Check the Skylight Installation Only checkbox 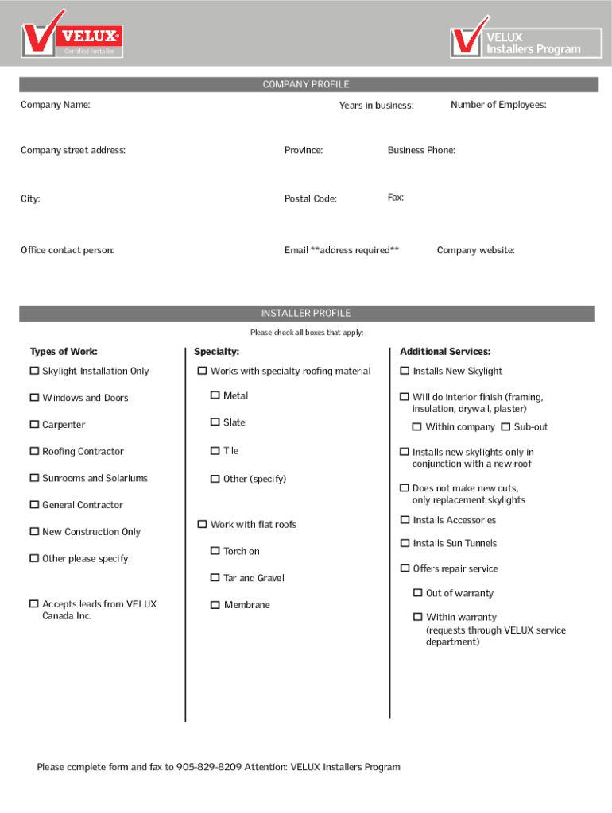click(x=34, y=371)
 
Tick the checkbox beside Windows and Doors click(x=34, y=398)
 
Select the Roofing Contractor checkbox click(x=34, y=452)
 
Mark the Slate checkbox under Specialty click(x=215, y=422)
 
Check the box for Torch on click(x=215, y=551)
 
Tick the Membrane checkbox click(x=215, y=605)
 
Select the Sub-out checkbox click(x=505, y=427)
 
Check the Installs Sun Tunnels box click(x=405, y=544)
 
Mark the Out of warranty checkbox click(x=417, y=593)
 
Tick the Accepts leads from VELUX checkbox click(x=34, y=604)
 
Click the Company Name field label click(x=55, y=105)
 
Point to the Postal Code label click(x=310, y=198)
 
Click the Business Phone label click(x=421, y=150)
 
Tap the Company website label click(x=475, y=250)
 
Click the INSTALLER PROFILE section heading click(x=306, y=314)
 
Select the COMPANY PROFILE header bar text click(x=306, y=85)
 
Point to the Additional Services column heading click(x=445, y=352)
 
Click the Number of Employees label click(x=498, y=105)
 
